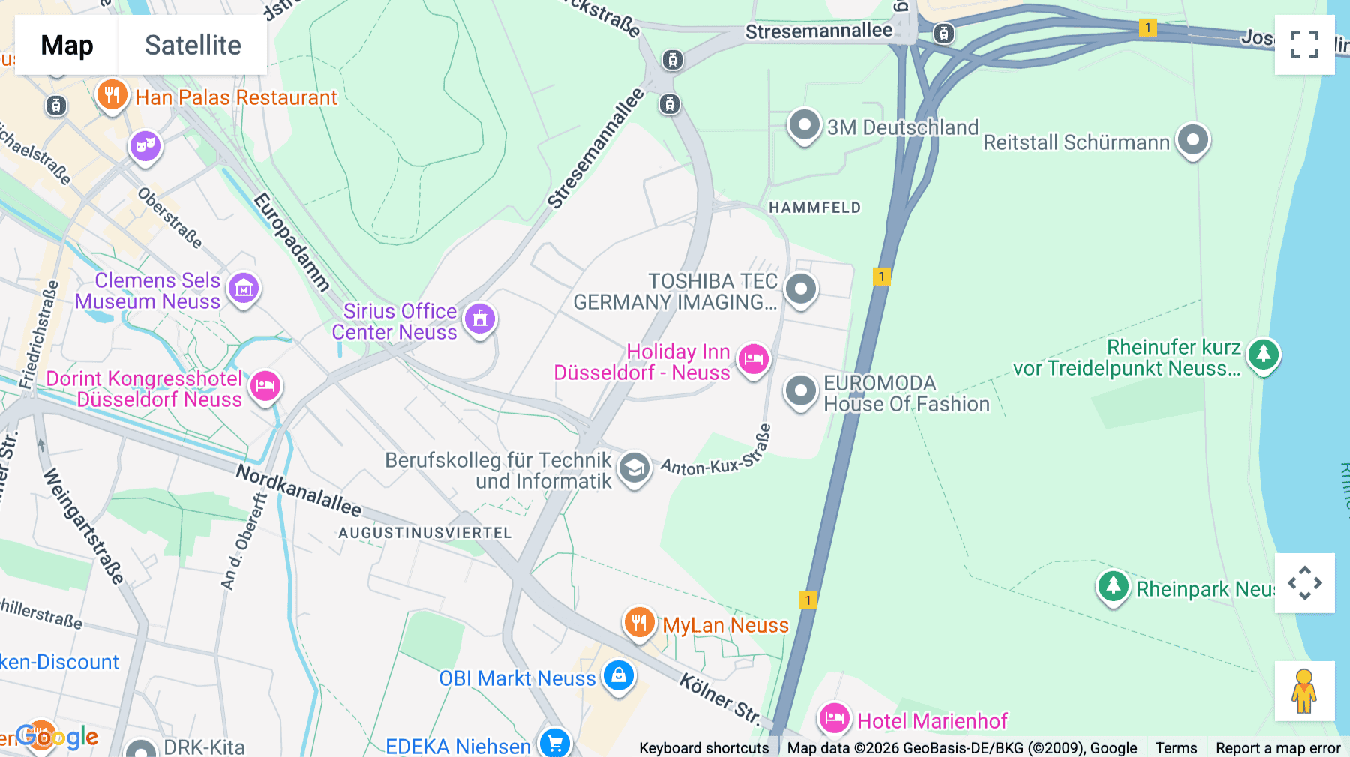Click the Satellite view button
coord(193,45)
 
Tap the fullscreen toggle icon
coord(1304,45)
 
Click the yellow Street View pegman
coord(1304,690)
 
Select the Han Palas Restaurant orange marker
coord(112,95)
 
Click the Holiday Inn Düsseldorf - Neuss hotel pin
coord(753,360)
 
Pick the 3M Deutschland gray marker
coord(804,125)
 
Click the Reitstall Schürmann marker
coord(1192,139)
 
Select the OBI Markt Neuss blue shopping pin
coord(618,676)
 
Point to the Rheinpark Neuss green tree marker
coord(1113,587)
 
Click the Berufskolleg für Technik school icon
coord(634,468)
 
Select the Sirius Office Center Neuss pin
coord(480,319)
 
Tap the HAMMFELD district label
coord(814,208)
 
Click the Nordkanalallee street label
coord(298,491)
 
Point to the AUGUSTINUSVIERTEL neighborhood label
coord(424,533)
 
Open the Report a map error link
coord(1277,747)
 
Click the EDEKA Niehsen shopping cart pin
coord(554,743)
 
